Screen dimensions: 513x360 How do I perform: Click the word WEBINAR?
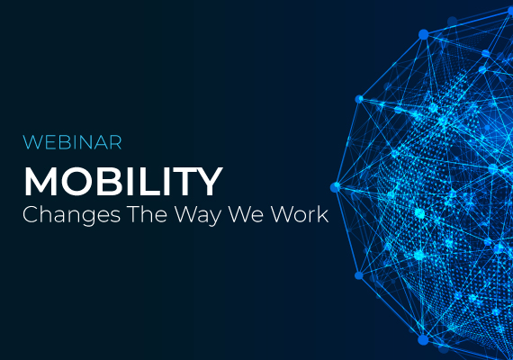click(x=72, y=142)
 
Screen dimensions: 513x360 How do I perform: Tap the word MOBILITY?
click(x=123, y=182)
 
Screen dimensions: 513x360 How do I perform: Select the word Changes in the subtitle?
click(x=71, y=216)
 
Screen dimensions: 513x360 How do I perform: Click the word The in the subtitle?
click(x=148, y=214)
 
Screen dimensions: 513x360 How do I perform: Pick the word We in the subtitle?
click(x=246, y=214)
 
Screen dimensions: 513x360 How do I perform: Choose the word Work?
click(x=300, y=214)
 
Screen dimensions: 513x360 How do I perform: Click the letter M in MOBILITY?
click(x=40, y=182)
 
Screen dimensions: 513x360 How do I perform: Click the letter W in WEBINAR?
click(x=31, y=142)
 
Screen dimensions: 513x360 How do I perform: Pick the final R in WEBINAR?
click(x=116, y=142)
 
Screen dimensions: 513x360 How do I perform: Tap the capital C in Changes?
click(x=31, y=215)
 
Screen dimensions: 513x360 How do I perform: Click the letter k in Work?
click(x=322, y=214)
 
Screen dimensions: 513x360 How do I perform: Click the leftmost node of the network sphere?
click(x=335, y=187)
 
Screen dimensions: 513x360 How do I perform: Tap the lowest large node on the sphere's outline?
click(x=423, y=339)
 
